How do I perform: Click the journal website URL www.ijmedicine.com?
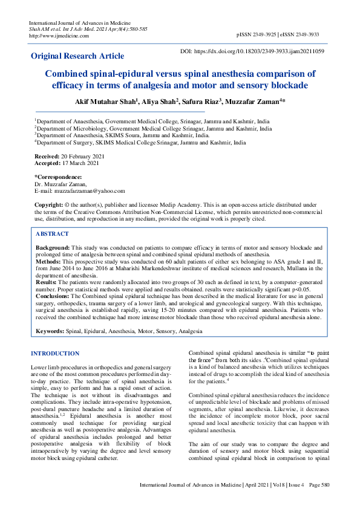pyautogui.click(x=59, y=36)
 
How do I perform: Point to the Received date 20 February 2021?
pyautogui.click(x=83, y=157)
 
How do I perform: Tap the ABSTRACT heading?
pyautogui.click(x=52, y=233)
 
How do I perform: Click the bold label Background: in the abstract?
pyautogui.click(x=53, y=248)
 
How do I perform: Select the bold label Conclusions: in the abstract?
pyautogui.click(x=53, y=296)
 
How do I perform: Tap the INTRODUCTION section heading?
pyautogui.click(x=54, y=353)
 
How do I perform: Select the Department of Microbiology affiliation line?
pyautogui.click(x=154, y=129)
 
